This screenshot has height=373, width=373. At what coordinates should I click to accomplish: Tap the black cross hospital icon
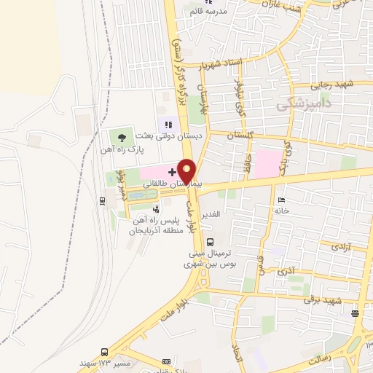coord(171,172)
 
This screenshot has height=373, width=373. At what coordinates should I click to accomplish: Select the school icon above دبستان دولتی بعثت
coord(169,125)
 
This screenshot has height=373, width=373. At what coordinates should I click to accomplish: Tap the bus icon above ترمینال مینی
coord(211,242)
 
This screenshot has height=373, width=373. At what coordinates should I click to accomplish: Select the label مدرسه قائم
coord(205,12)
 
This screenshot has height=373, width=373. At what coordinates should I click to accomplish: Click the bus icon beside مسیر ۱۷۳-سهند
coord(106,351)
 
